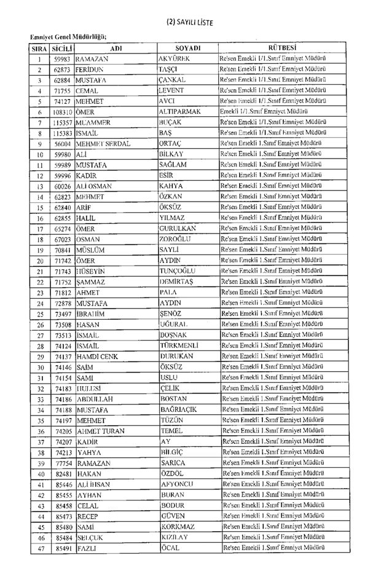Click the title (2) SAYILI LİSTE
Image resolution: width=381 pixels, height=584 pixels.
pyautogui.click(x=190, y=23)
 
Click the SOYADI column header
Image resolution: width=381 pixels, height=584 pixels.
pyautogui.click(x=188, y=48)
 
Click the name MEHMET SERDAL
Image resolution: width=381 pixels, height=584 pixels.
pyautogui.click(x=103, y=144)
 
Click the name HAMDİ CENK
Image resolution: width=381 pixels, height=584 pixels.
pyautogui.click(x=100, y=356)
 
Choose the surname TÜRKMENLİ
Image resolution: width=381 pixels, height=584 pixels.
pyautogui.click(x=180, y=345)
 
